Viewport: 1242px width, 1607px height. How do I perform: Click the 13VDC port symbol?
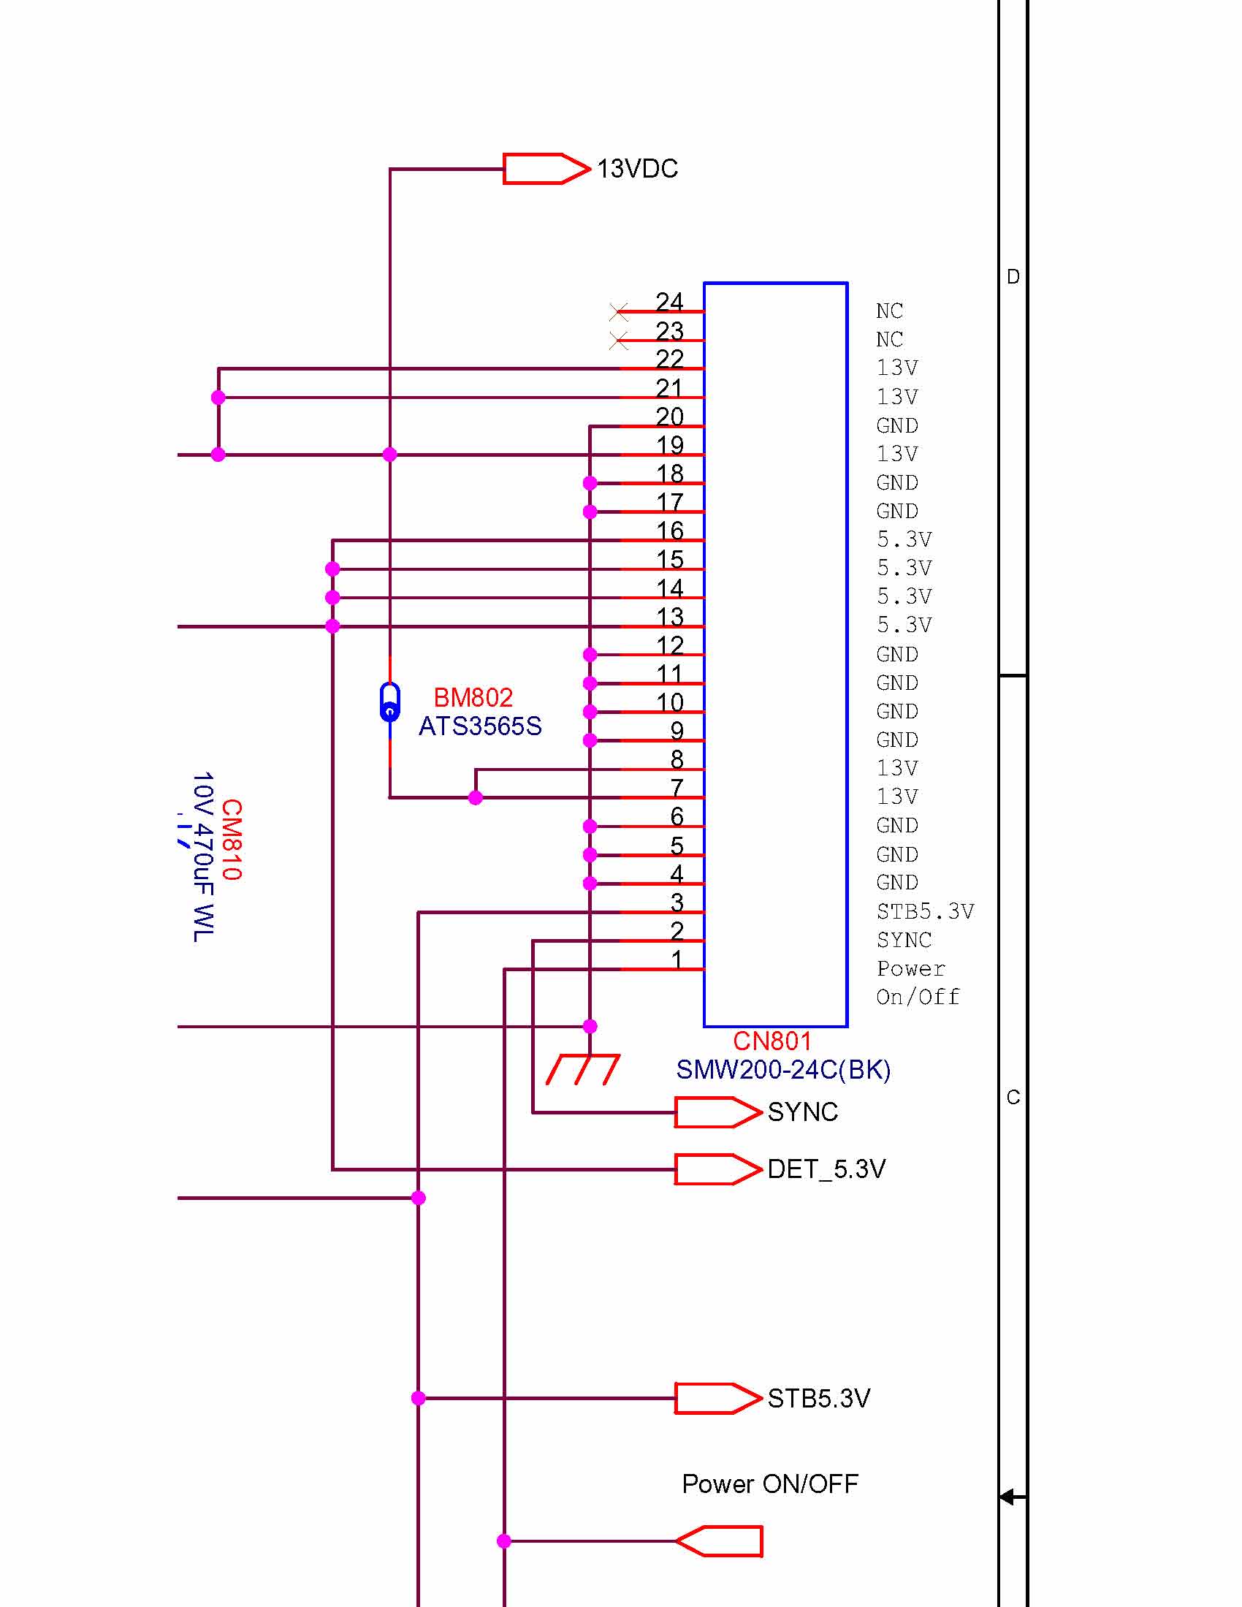(x=546, y=169)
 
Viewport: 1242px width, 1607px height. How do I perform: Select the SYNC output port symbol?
(x=717, y=1112)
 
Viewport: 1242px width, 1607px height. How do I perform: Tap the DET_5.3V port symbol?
(x=717, y=1169)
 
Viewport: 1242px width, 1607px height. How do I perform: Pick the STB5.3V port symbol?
(x=717, y=1398)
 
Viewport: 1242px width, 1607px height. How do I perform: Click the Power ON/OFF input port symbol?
(x=720, y=1540)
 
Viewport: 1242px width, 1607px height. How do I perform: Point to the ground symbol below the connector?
(x=583, y=1069)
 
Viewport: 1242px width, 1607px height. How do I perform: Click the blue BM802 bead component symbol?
(x=390, y=702)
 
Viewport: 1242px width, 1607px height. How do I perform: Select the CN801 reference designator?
(x=772, y=1041)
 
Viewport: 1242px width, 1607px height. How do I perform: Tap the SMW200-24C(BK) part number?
(x=783, y=1070)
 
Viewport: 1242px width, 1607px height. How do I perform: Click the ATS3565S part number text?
(x=480, y=726)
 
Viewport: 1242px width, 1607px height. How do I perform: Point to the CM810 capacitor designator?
(x=231, y=840)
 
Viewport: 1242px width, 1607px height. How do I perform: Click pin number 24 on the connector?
(x=669, y=302)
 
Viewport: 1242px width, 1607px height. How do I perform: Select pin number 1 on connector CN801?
(x=677, y=959)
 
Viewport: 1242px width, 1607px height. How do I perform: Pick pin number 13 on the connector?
(x=669, y=617)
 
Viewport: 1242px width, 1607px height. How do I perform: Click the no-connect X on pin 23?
(x=620, y=341)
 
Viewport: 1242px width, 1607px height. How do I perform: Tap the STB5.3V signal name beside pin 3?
(x=925, y=912)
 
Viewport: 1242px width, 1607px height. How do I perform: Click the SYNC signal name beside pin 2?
(x=904, y=941)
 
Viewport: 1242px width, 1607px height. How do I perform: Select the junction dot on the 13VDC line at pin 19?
(x=390, y=455)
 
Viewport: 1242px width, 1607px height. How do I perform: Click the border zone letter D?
(x=1013, y=277)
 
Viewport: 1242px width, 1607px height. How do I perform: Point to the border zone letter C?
(x=1013, y=1098)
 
